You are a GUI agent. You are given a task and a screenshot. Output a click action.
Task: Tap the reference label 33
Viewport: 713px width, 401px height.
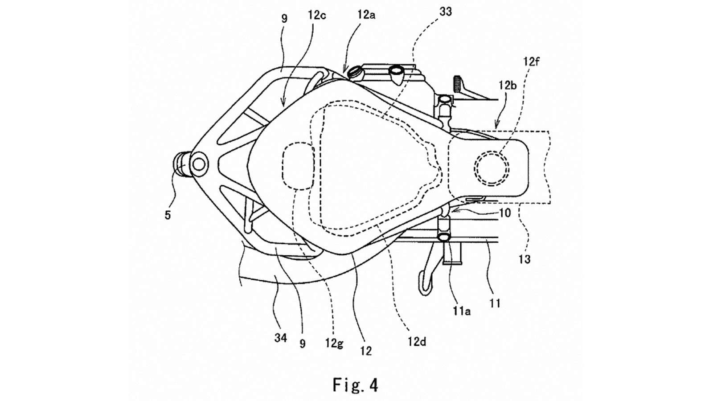pos(445,12)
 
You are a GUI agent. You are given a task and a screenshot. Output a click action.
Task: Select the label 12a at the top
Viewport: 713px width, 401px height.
pos(366,15)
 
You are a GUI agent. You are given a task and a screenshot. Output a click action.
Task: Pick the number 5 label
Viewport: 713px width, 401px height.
pos(168,215)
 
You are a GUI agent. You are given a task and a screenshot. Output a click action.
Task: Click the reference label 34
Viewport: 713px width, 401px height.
pos(280,338)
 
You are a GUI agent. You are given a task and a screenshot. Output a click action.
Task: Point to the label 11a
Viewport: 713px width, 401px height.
pos(462,311)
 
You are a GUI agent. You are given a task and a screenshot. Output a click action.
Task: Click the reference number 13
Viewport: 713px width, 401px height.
pos(525,259)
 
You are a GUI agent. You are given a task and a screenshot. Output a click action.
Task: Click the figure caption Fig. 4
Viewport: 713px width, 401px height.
pos(355,385)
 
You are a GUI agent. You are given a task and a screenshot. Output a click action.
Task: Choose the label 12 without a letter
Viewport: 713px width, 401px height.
pos(366,351)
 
